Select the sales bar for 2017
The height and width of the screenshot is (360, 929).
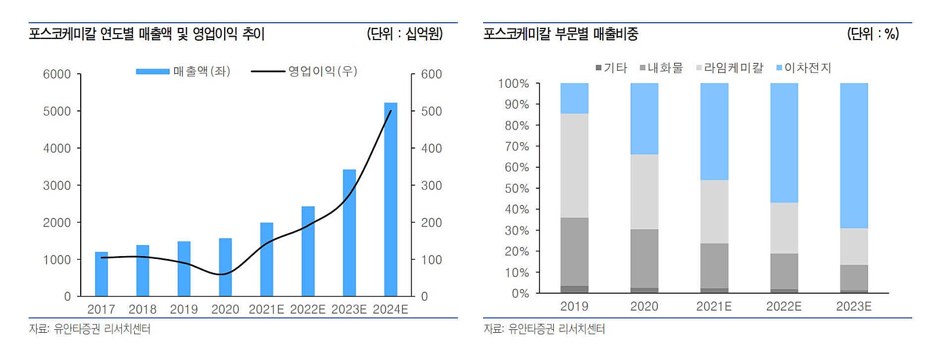[x=102, y=274]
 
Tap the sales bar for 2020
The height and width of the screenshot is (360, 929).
[x=225, y=267]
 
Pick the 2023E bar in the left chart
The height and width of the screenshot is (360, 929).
[x=350, y=233]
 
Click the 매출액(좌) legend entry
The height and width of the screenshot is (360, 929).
[x=183, y=71]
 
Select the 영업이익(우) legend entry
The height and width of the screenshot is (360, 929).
[x=305, y=71]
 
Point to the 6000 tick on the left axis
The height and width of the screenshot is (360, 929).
[x=56, y=74]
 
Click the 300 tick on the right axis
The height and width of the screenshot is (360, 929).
[x=431, y=186]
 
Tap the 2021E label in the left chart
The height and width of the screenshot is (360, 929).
[x=267, y=309]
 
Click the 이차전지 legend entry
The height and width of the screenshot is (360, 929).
[x=804, y=68]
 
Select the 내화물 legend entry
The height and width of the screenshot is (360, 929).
[x=661, y=68]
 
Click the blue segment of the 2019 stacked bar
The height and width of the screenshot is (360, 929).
[x=574, y=98]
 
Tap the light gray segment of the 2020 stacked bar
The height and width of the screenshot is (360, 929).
[x=644, y=192]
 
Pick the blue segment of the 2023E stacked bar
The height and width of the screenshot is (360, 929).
[x=854, y=156]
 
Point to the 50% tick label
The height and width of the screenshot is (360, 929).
[x=517, y=189]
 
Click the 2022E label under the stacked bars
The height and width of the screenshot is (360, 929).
[x=784, y=307]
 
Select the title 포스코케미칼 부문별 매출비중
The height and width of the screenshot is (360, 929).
[x=561, y=34]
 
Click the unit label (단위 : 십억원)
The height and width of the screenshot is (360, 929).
[x=405, y=34]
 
